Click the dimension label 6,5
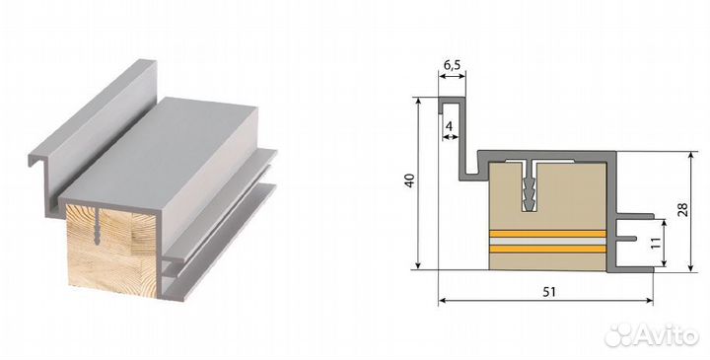[452, 65]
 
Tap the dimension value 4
[449, 126]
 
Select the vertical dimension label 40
[410, 181]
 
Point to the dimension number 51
[548, 292]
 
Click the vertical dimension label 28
[682, 209]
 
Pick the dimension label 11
[656, 243]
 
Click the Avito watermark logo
[652, 335]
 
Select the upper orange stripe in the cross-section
[548, 234]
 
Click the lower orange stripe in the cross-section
[548, 250]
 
